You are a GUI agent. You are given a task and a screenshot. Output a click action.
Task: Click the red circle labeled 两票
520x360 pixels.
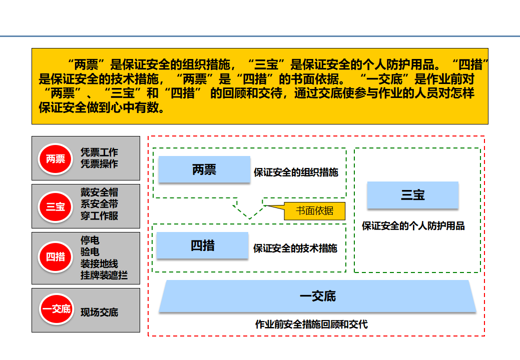[x=56, y=159]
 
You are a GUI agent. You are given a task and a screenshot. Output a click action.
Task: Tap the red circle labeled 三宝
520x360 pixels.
[x=56, y=206]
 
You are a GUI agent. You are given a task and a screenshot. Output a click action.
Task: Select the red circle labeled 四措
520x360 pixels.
[x=56, y=256]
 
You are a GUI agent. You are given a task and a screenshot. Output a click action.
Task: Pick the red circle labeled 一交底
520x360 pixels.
[x=56, y=309]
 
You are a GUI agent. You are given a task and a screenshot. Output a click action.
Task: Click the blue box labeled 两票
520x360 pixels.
[x=204, y=169]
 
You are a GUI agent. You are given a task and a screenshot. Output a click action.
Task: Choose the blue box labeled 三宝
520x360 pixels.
[x=413, y=195]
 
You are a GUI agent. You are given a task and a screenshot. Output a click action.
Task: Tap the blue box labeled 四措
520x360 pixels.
[x=203, y=245]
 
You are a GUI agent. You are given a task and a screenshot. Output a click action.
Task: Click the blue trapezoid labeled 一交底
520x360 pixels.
[x=318, y=296]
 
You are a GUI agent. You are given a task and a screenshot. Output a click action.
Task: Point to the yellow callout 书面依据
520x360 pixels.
[x=314, y=211]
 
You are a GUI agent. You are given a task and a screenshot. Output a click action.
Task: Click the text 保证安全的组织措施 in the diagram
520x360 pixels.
[x=296, y=172]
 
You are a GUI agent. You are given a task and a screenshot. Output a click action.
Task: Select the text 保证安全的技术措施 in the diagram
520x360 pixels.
[x=295, y=248]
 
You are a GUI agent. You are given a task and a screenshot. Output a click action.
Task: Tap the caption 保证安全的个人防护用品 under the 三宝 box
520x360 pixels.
[x=413, y=226]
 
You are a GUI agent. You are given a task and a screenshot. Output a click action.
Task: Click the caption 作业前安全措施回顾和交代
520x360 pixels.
[x=311, y=324]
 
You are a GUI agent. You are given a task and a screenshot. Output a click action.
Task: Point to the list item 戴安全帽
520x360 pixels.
[x=99, y=192]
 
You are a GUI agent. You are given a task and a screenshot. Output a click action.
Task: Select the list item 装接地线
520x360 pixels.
[x=99, y=263]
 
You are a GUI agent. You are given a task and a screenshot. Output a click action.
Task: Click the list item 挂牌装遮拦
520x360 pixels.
[x=104, y=275]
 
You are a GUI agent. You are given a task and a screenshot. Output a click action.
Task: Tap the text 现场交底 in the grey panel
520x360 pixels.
[x=99, y=312]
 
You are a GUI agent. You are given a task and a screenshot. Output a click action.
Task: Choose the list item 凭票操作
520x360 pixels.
[x=99, y=164]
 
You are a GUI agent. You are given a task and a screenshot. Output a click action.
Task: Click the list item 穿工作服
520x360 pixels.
[x=99, y=216]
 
